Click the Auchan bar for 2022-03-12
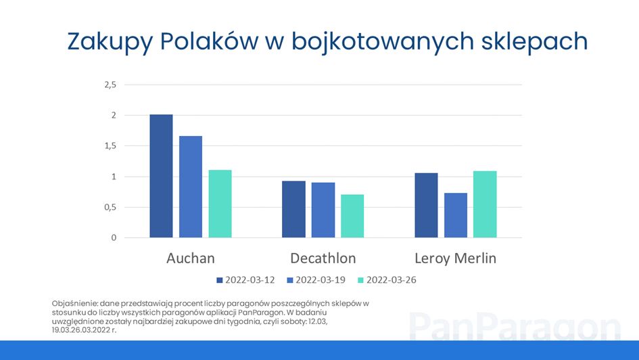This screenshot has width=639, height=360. [161, 176]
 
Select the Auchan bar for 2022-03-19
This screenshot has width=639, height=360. [191, 187]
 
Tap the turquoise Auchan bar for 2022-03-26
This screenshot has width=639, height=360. [220, 204]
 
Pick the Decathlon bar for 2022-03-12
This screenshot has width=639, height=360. [294, 209]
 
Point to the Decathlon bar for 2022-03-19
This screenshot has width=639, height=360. [323, 210]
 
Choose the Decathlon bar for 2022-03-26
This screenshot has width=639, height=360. [352, 216]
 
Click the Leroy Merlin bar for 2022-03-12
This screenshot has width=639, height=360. [426, 206]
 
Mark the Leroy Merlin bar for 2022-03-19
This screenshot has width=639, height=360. [456, 215]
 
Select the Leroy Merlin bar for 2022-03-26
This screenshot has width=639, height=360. [485, 204]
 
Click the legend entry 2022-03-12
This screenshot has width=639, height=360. [245, 280]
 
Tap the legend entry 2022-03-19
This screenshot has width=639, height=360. [316, 280]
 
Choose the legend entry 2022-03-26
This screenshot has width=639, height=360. [387, 280]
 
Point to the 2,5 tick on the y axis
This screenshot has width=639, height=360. [110, 85]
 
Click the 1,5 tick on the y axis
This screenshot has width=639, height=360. [110, 146]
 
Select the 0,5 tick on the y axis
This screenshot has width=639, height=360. [110, 207]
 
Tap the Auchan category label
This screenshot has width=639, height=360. [190, 258]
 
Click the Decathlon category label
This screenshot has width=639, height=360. [323, 258]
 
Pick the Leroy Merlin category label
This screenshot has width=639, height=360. [456, 258]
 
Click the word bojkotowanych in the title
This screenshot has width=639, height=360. [383, 42]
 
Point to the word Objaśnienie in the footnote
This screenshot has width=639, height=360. [75, 304]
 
